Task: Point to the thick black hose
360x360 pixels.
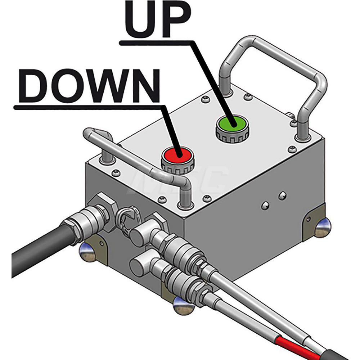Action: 36,252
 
